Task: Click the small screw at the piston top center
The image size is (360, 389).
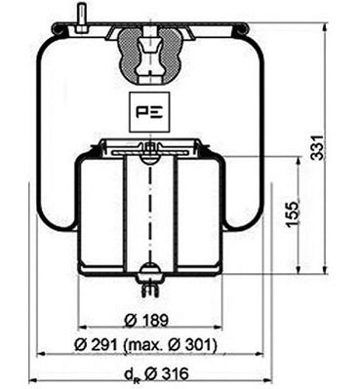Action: [x=148, y=148]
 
